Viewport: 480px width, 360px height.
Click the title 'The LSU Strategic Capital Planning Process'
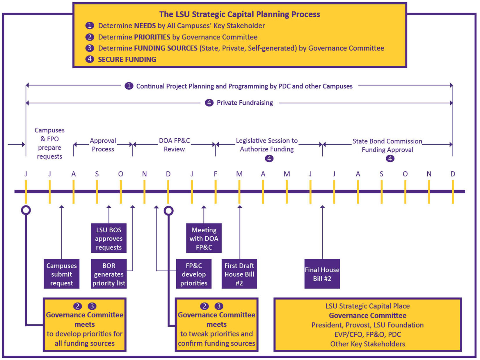239,14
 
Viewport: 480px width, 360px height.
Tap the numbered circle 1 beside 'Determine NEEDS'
90,26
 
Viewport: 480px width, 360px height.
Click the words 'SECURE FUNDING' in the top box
127,60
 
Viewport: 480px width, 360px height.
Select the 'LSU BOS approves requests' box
109,238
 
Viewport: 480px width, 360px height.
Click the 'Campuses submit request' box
61,274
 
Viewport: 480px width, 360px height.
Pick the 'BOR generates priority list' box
109,274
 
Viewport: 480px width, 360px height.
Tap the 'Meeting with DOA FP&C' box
204,238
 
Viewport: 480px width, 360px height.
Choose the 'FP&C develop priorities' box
194,274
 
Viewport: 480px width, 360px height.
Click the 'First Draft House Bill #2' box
239,274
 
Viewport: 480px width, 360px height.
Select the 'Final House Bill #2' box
322,274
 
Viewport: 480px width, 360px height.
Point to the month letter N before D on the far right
429,174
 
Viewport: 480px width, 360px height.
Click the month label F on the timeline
216,174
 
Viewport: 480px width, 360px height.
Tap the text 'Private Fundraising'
245,103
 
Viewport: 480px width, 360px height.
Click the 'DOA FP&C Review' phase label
174,145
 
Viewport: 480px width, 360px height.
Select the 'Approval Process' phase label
103,145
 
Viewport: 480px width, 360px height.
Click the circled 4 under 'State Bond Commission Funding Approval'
390,158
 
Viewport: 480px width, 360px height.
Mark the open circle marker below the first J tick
26,210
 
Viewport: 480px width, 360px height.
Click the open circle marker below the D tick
168,211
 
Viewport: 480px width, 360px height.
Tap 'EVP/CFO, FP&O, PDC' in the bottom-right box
367,334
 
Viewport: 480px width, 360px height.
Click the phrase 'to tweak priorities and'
216,334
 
